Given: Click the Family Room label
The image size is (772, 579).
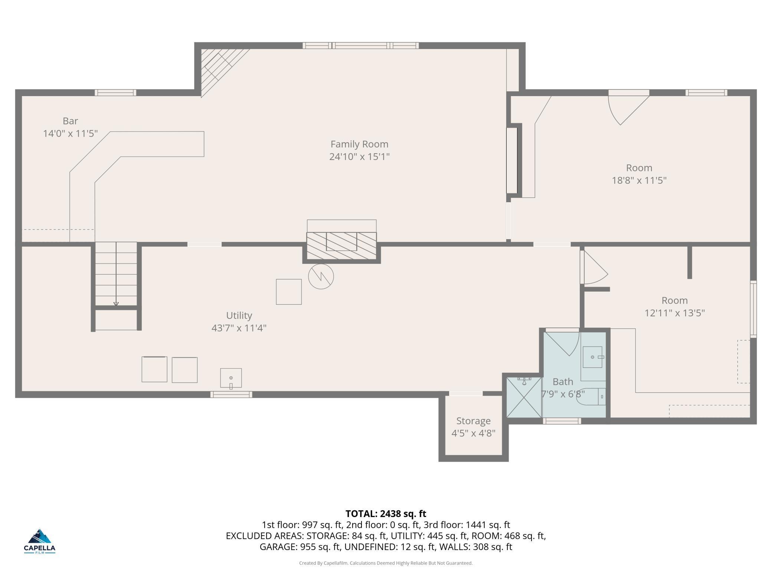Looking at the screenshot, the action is [359, 144].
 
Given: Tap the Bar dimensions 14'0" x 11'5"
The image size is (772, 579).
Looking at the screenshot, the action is [71, 133].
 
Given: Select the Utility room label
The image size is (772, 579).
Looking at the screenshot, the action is [239, 315].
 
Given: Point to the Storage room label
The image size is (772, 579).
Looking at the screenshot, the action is [473, 421].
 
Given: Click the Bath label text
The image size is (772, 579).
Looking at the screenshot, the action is [563, 382].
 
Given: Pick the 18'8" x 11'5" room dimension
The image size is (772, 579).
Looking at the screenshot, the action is [639, 180].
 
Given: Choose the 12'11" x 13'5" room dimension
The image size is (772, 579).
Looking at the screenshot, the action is [674, 313].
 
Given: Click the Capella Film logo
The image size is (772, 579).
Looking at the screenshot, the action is [40, 541].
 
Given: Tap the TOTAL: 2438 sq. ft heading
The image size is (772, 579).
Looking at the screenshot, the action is [386, 514].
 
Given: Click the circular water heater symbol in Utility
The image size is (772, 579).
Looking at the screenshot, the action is [321, 277].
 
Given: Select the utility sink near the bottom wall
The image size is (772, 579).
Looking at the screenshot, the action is [231, 378].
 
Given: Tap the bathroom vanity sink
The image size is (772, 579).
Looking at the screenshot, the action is [592, 357].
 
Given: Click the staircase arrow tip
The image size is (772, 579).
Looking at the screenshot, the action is [116, 306].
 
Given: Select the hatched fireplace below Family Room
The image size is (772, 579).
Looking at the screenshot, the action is [341, 246].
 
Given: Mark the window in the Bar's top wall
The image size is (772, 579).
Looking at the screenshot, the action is [115, 92].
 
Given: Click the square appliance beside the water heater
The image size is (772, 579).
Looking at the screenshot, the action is [289, 292].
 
